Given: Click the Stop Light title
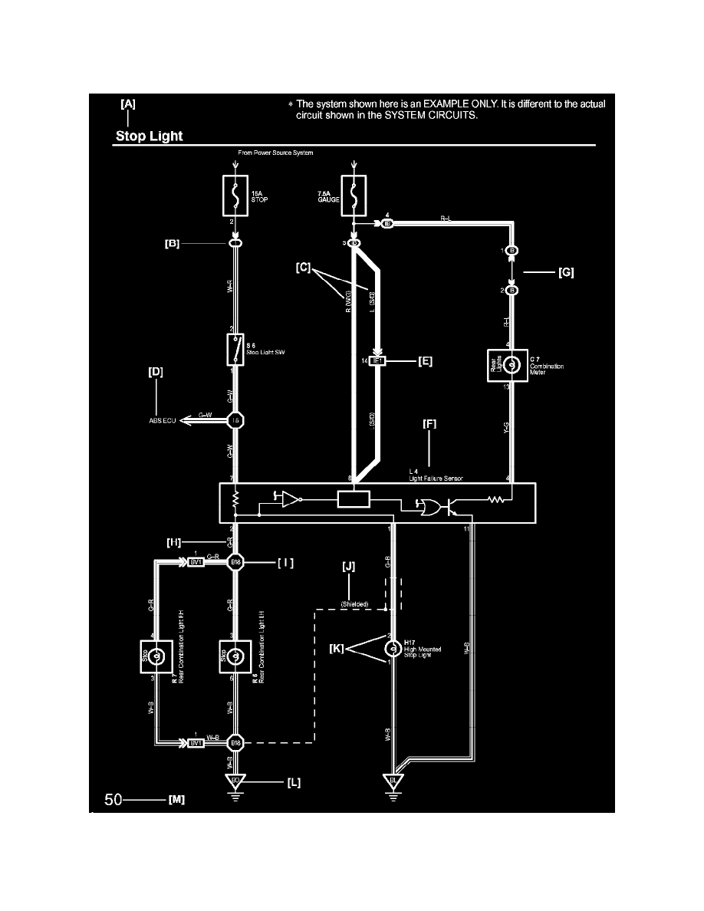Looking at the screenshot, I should click(149, 136).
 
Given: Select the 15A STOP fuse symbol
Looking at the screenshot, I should click(232, 196).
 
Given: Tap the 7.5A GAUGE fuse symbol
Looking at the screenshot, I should click(354, 196).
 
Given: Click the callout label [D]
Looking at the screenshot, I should click(156, 372).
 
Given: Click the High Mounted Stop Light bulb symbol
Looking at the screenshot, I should click(390, 650).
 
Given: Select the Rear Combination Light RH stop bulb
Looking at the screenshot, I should click(156, 656).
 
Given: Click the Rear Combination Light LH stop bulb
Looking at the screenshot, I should click(234, 656).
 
